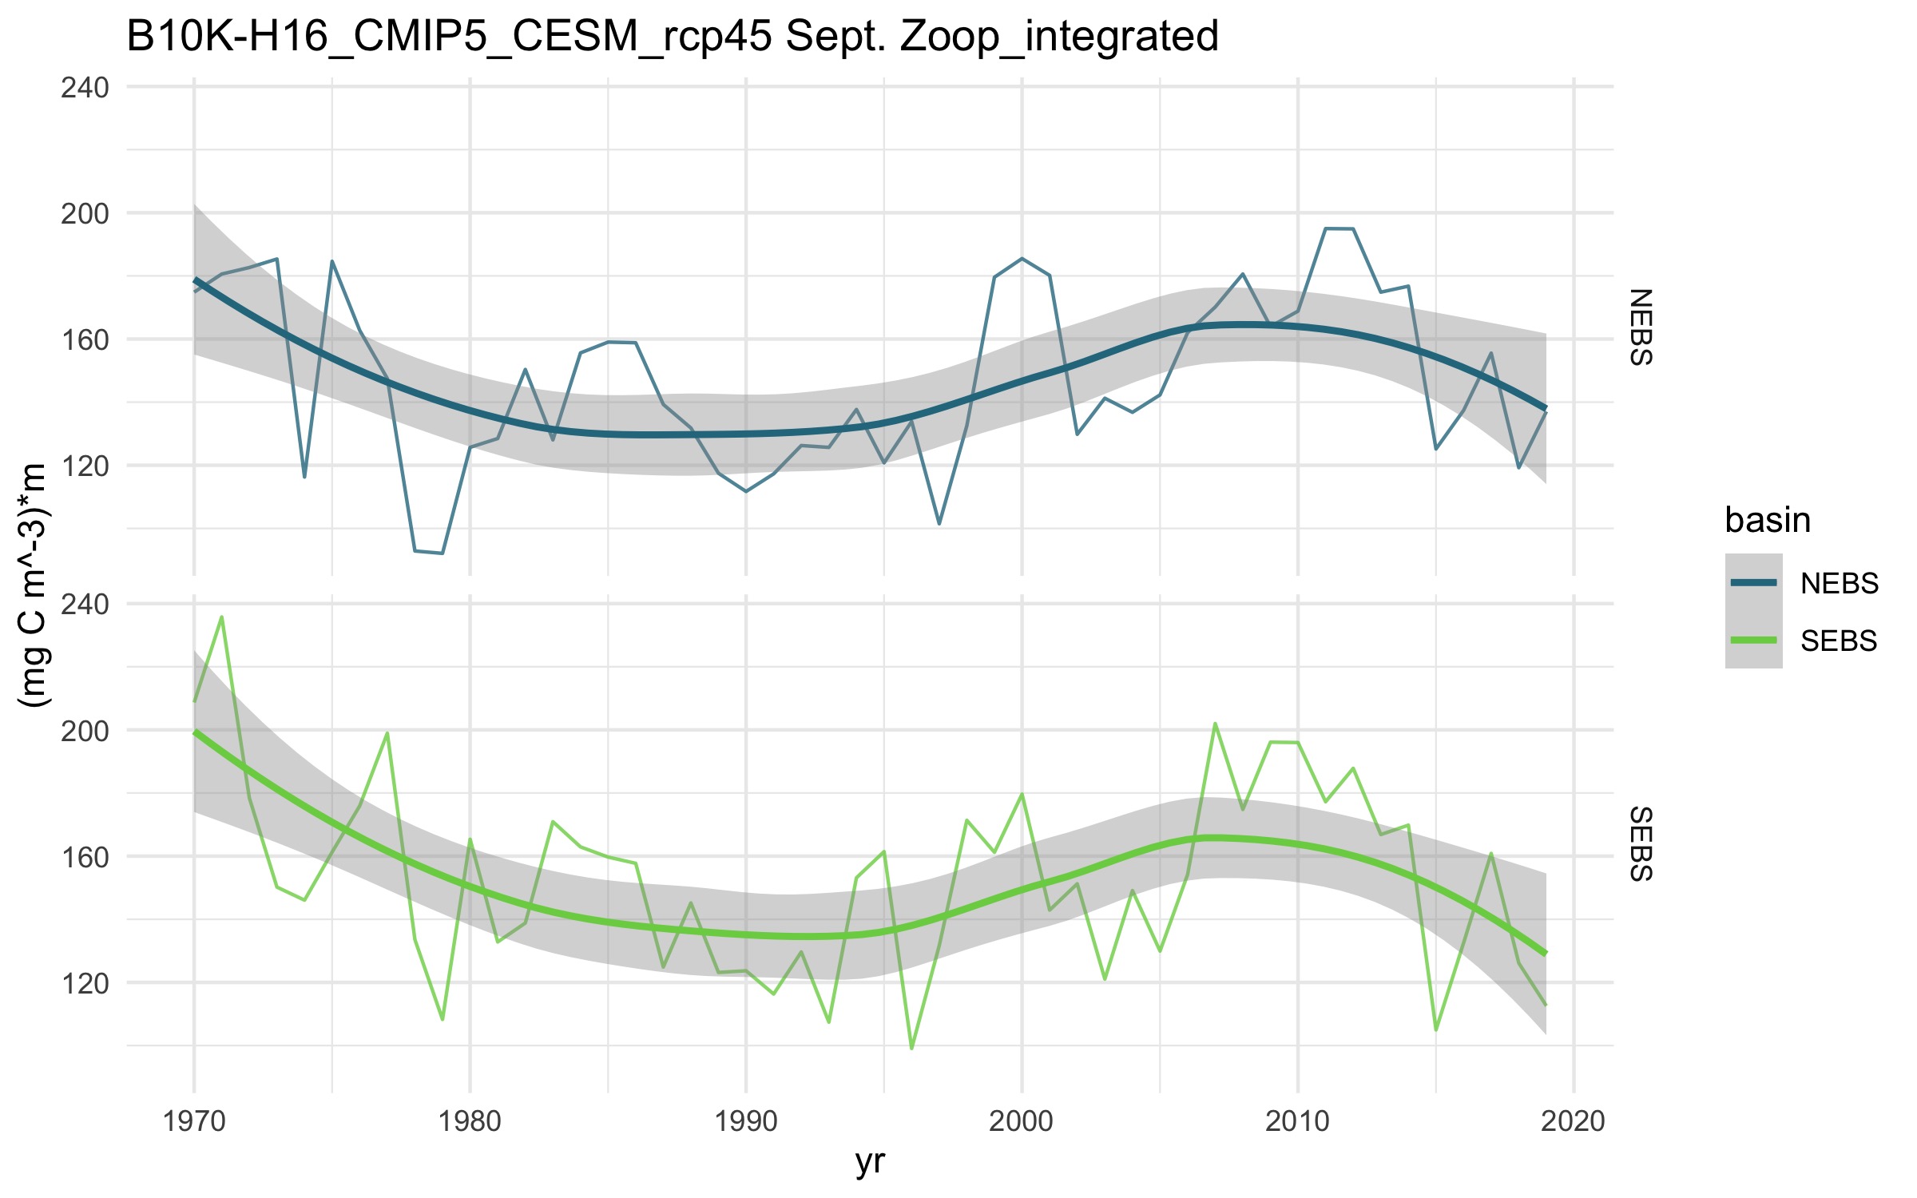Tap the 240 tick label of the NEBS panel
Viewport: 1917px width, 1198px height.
[x=85, y=87]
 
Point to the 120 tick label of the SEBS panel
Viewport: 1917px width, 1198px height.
[x=85, y=983]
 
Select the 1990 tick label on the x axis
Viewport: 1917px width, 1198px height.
[x=745, y=1121]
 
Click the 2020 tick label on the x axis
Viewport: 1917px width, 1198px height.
[x=1573, y=1121]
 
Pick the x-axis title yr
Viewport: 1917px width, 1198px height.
[x=870, y=1161]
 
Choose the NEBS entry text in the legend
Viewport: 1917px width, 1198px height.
[x=1839, y=584]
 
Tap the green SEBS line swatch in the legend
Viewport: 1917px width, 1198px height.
[x=1753, y=641]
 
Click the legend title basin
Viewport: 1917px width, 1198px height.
[x=1767, y=520]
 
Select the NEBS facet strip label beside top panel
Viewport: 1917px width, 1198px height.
[x=1640, y=327]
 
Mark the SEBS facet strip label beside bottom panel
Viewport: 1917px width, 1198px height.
[x=1640, y=844]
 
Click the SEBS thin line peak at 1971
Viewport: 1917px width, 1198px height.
[x=221, y=617]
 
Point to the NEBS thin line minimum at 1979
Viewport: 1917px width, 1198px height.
[x=442, y=553]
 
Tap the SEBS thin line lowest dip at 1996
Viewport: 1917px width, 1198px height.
[x=911, y=1048]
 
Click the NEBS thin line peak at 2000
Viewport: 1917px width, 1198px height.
[x=1022, y=259]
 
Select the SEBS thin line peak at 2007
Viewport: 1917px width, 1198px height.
[x=1215, y=724]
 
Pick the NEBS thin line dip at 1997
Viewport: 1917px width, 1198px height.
[x=939, y=524]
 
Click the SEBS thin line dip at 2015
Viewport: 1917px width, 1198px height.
[x=1435, y=1029]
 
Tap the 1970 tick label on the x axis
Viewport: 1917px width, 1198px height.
[x=193, y=1121]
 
